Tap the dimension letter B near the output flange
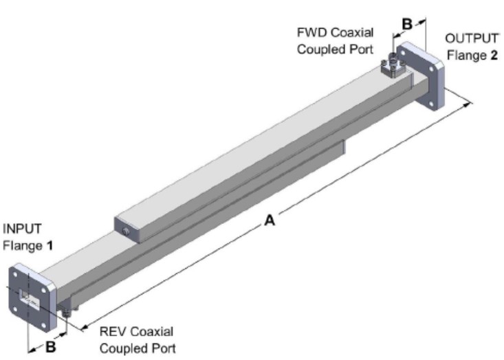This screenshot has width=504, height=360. coord(406,23)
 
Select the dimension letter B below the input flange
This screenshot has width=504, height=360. coord(50,347)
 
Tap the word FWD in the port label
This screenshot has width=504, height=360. coord(309,33)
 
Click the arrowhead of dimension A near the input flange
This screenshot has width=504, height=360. coord(84,328)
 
